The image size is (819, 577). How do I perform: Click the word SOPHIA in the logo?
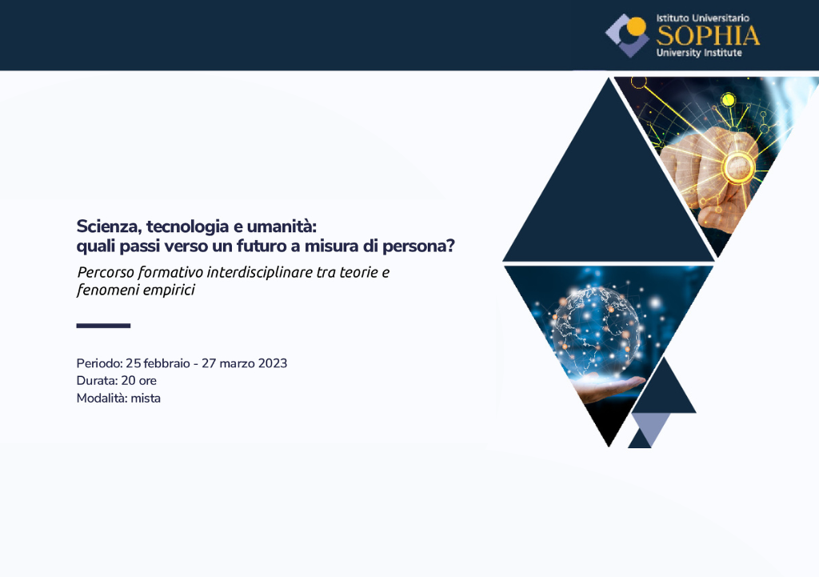[x=708, y=35]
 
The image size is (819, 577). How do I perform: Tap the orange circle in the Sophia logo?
[x=636, y=26]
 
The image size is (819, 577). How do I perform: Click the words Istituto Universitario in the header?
[x=702, y=18]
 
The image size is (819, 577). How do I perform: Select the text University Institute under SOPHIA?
[x=699, y=53]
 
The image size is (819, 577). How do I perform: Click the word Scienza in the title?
[x=109, y=226]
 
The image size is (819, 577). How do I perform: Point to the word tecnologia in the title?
[x=187, y=227]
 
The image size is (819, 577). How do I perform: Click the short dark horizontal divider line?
[x=103, y=326]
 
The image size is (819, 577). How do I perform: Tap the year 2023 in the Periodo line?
[x=272, y=363]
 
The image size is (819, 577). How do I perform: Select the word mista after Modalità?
[x=146, y=399]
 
